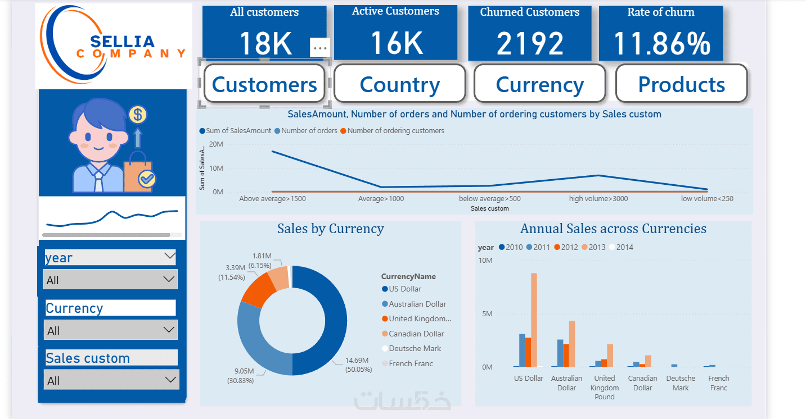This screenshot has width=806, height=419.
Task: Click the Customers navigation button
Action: coord(264,84)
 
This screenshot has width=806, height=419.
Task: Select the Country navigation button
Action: coord(399,84)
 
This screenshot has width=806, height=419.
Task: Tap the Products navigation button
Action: coord(681,84)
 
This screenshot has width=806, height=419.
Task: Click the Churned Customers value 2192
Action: coord(530,44)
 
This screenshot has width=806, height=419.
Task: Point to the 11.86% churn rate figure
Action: coord(661,44)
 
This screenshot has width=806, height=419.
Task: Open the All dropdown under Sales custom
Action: coord(111,380)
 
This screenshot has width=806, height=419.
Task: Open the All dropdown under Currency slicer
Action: coord(111,330)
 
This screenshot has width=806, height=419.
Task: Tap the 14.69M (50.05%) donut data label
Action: coord(357,365)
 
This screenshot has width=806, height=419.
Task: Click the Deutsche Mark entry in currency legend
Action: coord(415,348)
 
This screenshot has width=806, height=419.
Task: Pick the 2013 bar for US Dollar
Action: coord(534,320)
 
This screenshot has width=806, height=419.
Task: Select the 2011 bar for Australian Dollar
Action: coord(560,353)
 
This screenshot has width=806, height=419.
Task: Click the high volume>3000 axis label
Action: coord(598,198)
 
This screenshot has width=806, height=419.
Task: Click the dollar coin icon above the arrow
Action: coord(138,115)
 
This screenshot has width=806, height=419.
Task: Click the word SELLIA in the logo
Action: coord(122,42)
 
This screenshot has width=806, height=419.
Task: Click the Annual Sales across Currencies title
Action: coord(613,229)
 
